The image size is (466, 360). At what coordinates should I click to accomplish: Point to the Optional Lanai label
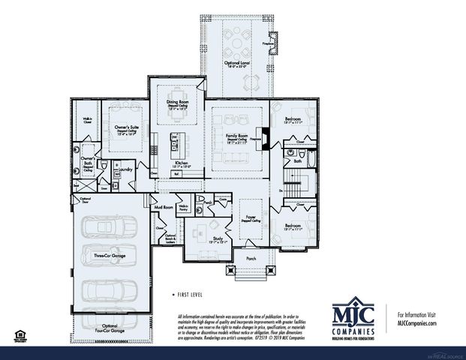click(x=236, y=64)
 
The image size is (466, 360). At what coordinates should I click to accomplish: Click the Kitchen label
click(x=181, y=162)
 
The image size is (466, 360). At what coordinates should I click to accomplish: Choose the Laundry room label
click(x=125, y=170)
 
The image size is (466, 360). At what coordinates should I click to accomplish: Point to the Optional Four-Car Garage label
click(x=110, y=327)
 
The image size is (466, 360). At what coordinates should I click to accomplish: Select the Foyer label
click(x=250, y=219)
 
